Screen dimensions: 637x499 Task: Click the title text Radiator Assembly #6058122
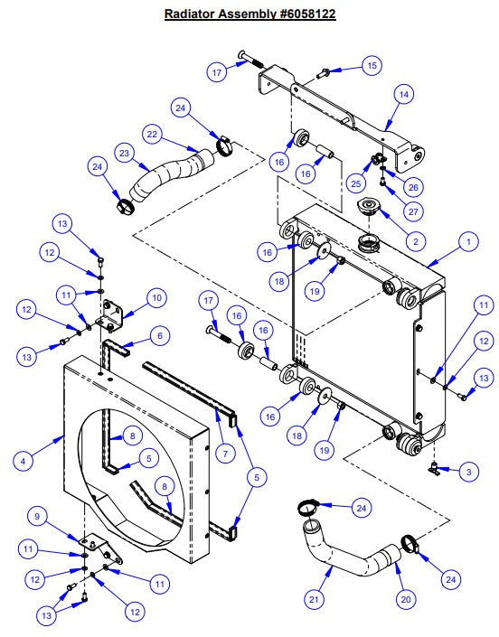(249, 14)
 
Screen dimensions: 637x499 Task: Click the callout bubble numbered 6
(160, 335)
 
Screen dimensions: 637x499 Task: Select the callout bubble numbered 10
(155, 296)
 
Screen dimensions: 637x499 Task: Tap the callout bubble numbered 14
(403, 94)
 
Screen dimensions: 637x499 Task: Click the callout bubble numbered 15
(372, 65)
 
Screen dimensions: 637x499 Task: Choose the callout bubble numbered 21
(315, 598)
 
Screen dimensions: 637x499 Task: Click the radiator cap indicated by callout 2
(370, 209)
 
